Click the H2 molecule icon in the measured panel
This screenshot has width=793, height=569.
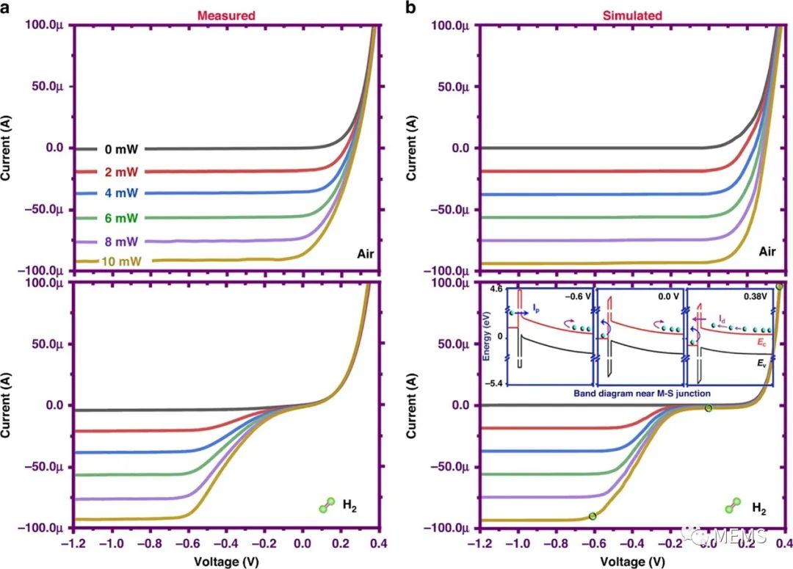pyautogui.click(x=327, y=505)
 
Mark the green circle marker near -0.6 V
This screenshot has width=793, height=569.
pyautogui.click(x=593, y=516)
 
